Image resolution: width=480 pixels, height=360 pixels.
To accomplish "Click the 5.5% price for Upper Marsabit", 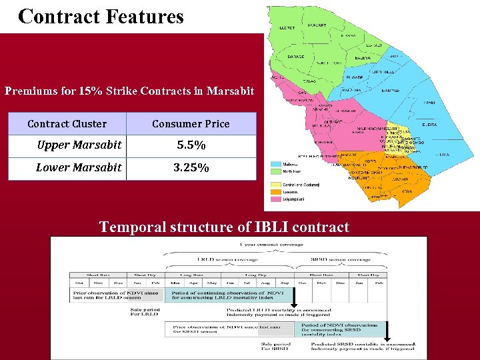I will [191, 145].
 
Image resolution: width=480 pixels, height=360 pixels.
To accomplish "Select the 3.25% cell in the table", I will [191, 168].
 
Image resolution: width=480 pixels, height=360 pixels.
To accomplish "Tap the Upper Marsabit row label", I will [79, 145].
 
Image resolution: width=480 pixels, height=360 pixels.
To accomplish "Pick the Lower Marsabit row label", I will [79, 168].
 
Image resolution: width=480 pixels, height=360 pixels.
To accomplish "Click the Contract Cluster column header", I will [67, 124].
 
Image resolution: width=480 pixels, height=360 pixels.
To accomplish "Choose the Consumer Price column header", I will [191, 124].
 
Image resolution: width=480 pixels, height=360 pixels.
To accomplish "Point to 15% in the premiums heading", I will [91, 91].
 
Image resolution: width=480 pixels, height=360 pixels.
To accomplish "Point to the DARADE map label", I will [296, 57].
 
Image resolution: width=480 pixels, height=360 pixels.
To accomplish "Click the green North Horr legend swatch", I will [275, 171].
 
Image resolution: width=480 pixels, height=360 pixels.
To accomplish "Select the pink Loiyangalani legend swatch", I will [275, 199].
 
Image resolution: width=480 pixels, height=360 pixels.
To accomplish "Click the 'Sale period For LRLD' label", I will [145, 312].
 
